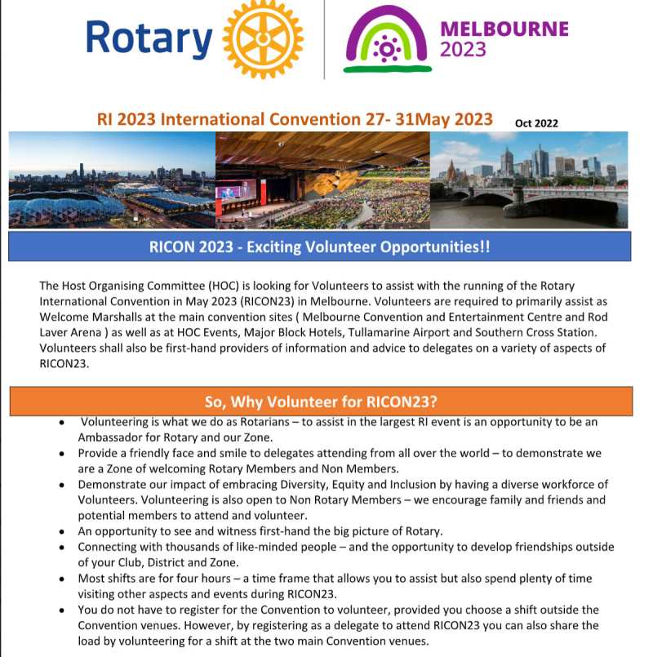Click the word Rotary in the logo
[x=149, y=38]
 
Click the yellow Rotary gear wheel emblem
[x=263, y=38]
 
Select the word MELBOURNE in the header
[x=504, y=29]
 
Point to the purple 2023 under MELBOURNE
[x=463, y=50]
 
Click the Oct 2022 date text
[x=536, y=123]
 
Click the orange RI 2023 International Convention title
[x=295, y=119]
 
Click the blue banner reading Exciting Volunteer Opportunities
[x=320, y=246]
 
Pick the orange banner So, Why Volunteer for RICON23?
[x=320, y=401]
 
